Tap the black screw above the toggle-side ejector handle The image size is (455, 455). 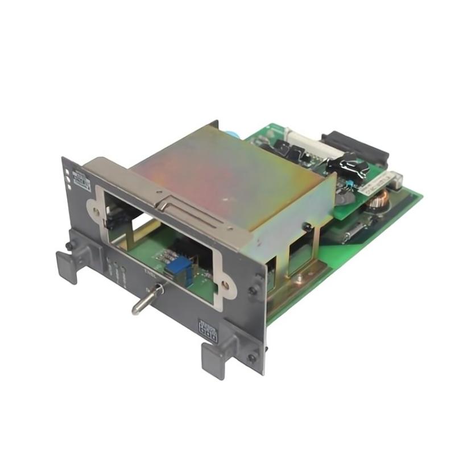(69, 245)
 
